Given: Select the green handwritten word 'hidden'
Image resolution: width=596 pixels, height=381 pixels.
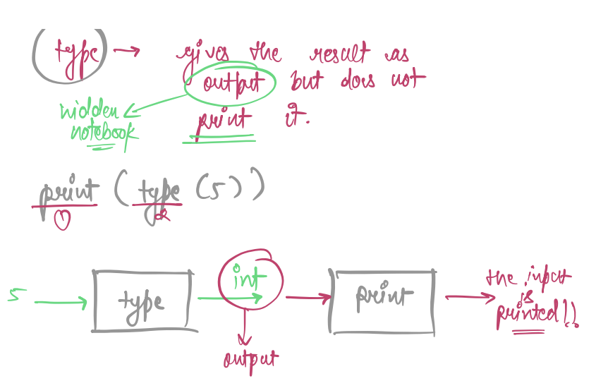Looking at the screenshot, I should click(91, 111).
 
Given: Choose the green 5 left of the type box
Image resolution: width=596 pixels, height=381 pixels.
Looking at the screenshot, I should click(13, 296).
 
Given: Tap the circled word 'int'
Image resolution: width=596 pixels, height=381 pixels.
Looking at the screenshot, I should click(250, 277).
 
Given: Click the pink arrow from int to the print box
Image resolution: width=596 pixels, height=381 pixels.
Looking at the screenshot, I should click(308, 298).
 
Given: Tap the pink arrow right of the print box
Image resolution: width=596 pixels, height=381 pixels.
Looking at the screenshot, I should click(470, 297).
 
